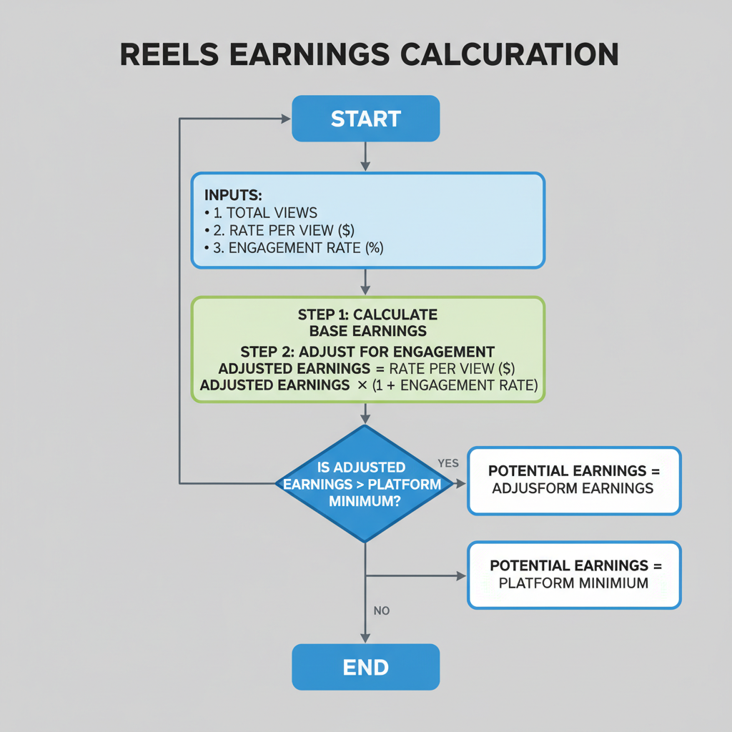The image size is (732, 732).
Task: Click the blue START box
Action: pyautogui.click(x=365, y=119)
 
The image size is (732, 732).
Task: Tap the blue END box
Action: pyautogui.click(x=365, y=667)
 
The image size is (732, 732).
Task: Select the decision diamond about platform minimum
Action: pyautogui.click(x=365, y=484)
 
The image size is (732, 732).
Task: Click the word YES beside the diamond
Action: pyautogui.click(x=447, y=463)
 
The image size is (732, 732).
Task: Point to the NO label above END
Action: pyautogui.click(x=382, y=611)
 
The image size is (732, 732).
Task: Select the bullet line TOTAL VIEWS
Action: pyautogui.click(x=272, y=212)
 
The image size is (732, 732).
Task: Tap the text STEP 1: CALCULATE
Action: pyautogui.click(x=367, y=315)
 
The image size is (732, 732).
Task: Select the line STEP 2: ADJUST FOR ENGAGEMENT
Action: pyautogui.click(x=367, y=352)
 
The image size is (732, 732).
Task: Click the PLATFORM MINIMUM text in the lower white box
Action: pyautogui.click(x=573, y=583)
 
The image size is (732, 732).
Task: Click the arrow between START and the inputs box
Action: pyautogui.click(x=365, y=157)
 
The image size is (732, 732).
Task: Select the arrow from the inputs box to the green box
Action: pyautogui.click(x=365, y=282)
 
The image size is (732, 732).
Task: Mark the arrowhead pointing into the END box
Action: pyautogui.click(x=365, y=638)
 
